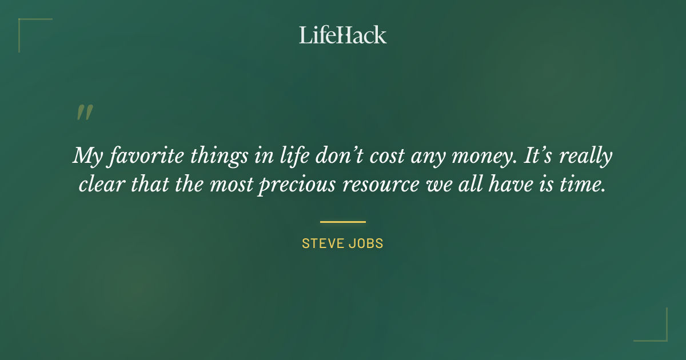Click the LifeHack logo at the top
coord(343,35)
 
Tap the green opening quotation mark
coord(84,113)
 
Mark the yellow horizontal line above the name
coord(342,222)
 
